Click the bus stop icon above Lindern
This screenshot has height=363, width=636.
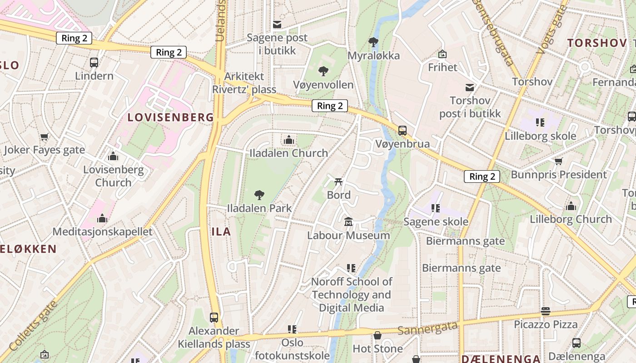tap(94, 63)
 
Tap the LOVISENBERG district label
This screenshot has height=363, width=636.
tap(170, 117)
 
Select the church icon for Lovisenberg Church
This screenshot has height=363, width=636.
tap(113, 157)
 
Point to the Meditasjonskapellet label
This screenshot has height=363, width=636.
tap(103, 231)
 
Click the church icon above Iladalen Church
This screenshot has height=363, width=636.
tap(289, 140)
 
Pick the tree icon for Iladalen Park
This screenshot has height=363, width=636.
tap(259, 195)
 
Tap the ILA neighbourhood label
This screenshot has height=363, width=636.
tap(221, 231)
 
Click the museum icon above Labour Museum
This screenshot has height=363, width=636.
tap(348, 222)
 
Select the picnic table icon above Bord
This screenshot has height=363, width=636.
tap(338, 182)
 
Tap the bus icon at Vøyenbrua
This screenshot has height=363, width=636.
tap(402, 131)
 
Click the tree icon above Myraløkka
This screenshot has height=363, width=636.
tap(373, 42)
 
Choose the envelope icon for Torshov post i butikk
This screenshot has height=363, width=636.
tap(470, 87)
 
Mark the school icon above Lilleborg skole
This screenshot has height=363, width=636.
tap(540, 122)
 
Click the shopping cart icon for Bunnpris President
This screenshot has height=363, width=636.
tap(559, 161)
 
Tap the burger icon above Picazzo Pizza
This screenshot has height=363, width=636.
tap(546, 311)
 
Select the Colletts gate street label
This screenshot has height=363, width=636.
tap(34, 325)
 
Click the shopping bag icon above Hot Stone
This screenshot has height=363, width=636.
tap(378, 335)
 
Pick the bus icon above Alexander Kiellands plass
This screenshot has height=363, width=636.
tap(214, 317)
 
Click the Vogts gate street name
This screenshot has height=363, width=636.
tap(551, 29)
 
